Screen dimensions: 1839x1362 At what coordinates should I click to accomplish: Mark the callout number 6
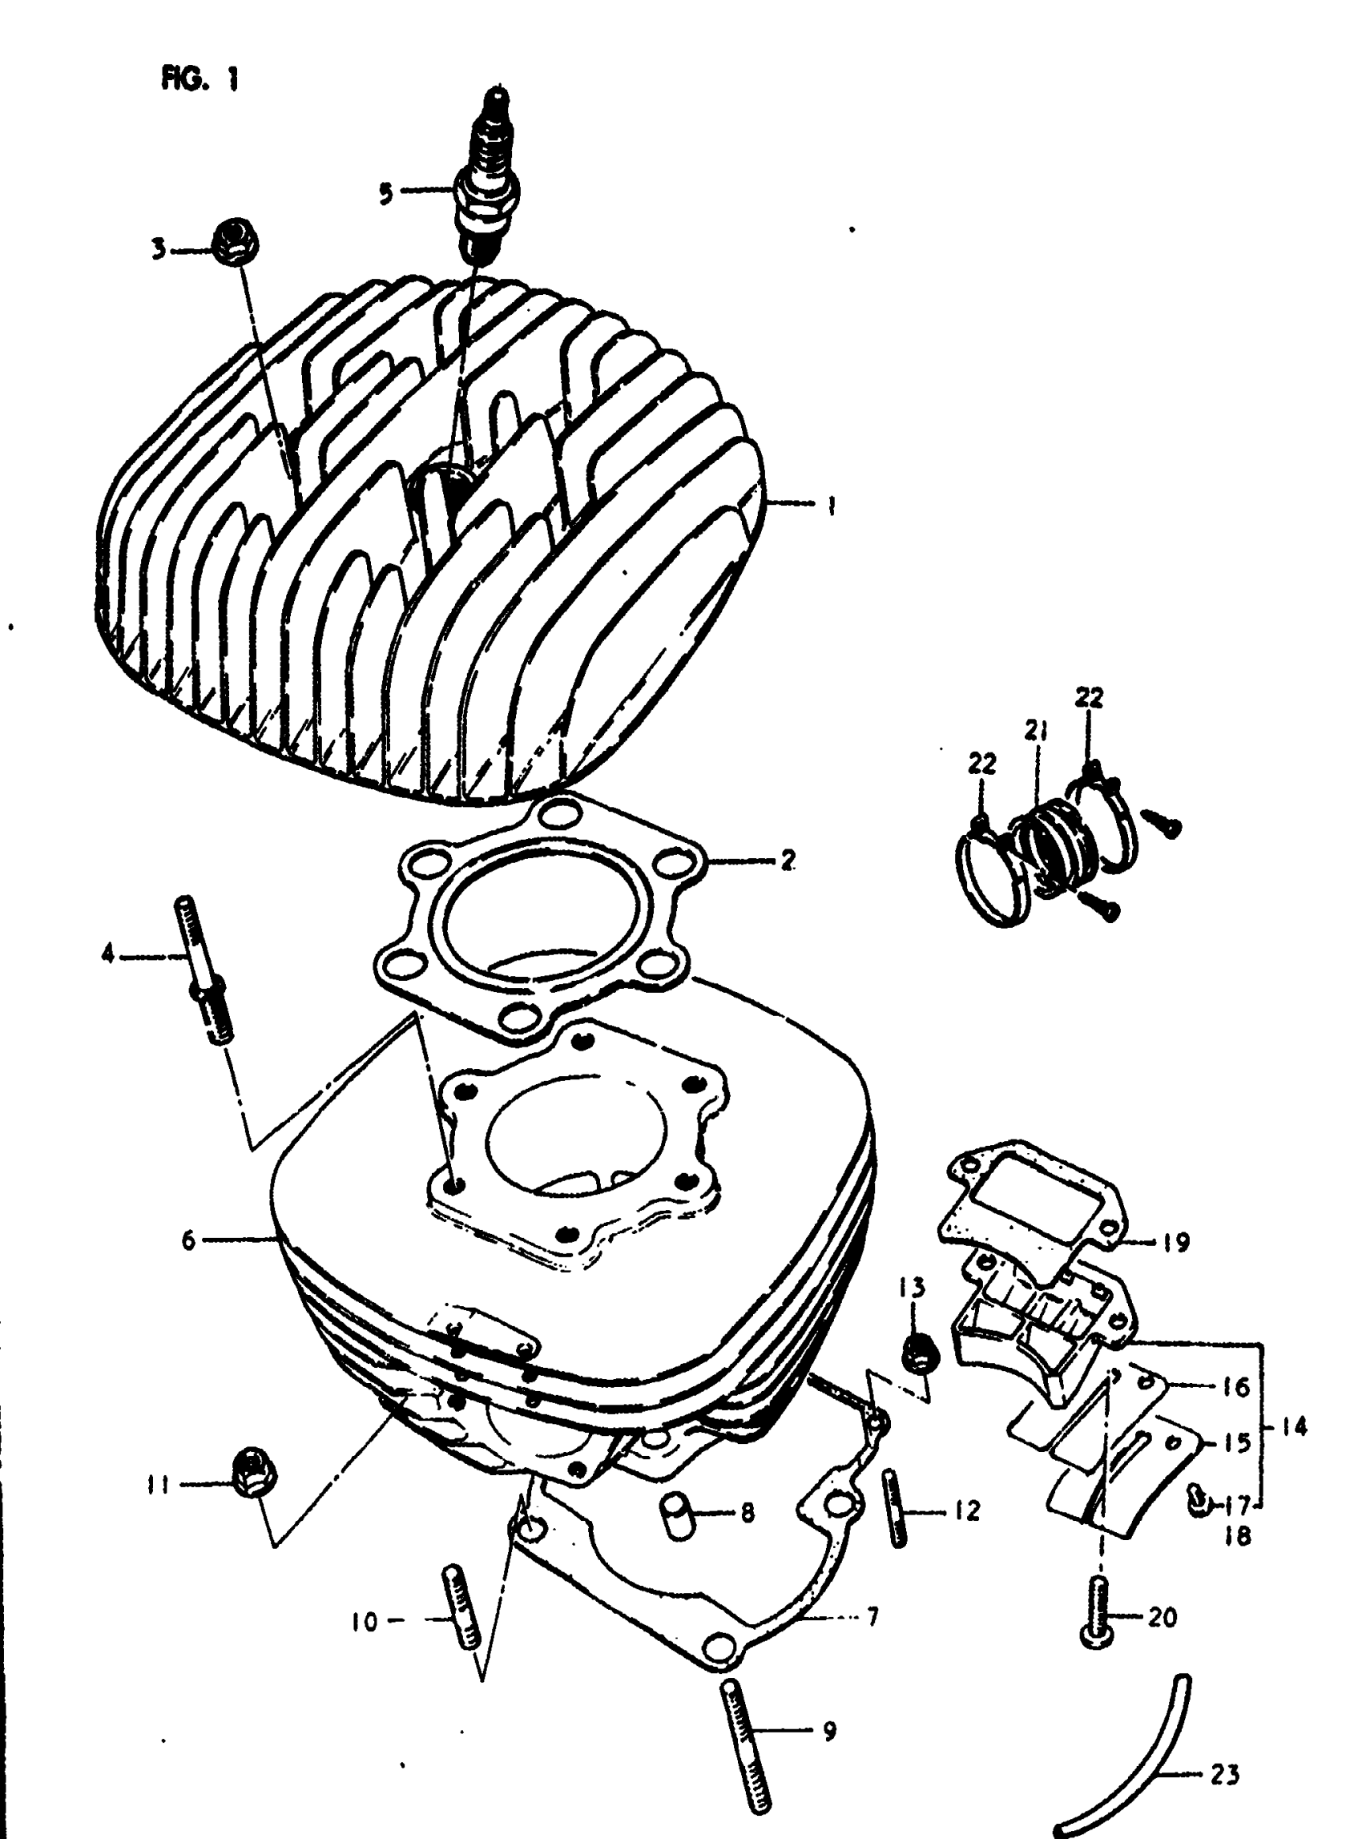190,1240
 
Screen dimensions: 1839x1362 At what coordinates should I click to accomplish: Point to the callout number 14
1296,1426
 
